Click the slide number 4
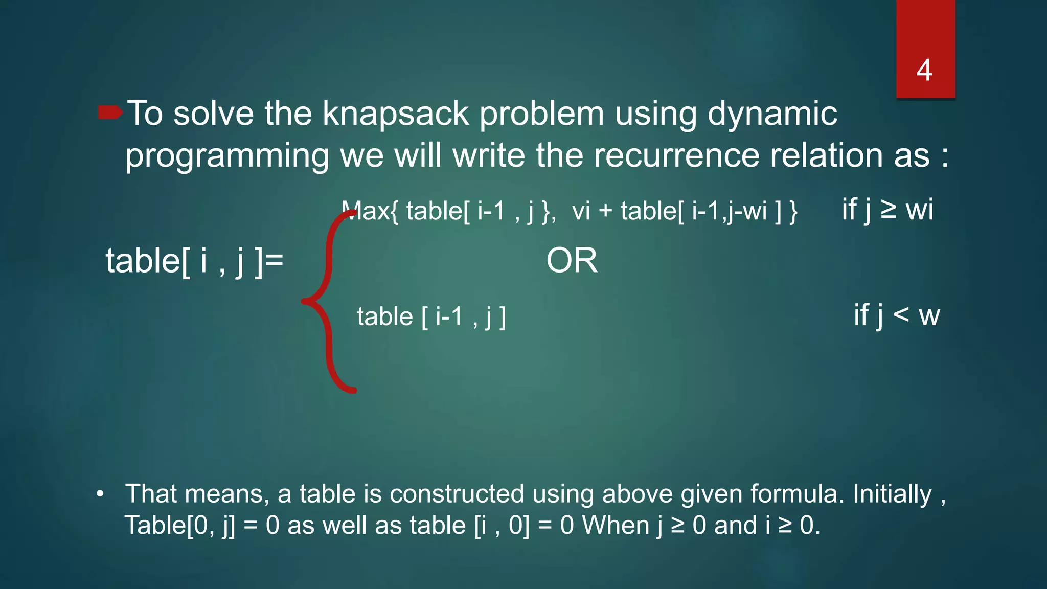click(x=924, y=70)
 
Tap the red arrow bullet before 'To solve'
click(x=110, y=112)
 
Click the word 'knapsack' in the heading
click(x=395, y=114)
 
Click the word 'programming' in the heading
click(x=227, y=156)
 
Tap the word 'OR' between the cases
click(x=572, y=261)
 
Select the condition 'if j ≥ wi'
click(x=887, y=210)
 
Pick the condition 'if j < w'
click(x=897, y=315)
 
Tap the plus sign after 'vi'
click(x=605, y=211)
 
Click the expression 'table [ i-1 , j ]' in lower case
click(x=431, y=316)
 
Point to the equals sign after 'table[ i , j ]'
click(x=275, y=261)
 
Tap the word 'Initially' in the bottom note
click(x=892, y=494)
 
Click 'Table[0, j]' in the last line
click(x=180, y=526)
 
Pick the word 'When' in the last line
click(x=619, y=526)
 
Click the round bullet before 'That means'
click(x=100, y=494)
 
